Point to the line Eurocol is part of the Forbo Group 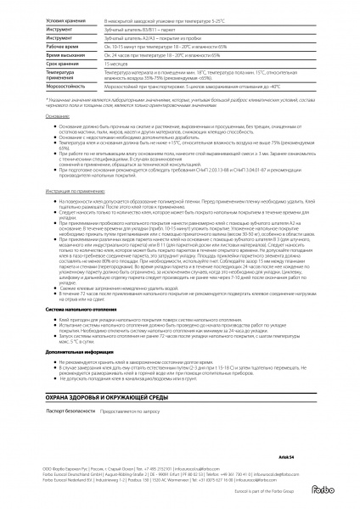(x=258, y=490)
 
